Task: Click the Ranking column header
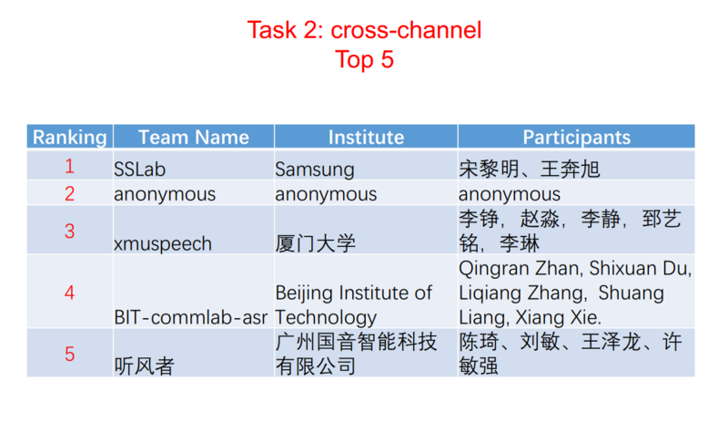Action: pyautogui.click(x=69, y=138)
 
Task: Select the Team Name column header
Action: pyautogui.click(x=193, y=138)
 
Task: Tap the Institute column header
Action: pyautogui.click(x=366, y=138)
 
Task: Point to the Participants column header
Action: pyautogui.click(x=575, y=138)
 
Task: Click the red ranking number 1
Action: pyautogui.click(x=69, y=167)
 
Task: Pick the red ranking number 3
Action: pyautogui.click(x=69, y=231)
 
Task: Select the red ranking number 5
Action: pyautogui.click(x=69, y=354)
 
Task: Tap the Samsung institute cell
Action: pyautogui.click(x=315, y=170)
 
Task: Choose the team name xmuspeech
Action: pyautogui.click(x=162, y=243)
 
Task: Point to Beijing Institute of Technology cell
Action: pyautogui.click(x=353, y=305)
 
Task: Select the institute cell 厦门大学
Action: pyautogui.click(x=315, y=243)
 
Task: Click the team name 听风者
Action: pyautogui.click(x=144, y=366)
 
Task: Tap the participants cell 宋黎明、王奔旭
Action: pyautogui.click(x=529, y=170)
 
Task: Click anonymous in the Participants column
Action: pyautogui.click(x=510, y=194)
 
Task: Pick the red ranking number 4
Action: pyautogui.click(x=69, y=293)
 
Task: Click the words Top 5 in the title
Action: pyautogui.click(x=364, y=60)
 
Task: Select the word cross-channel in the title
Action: pyautogui.click(x=406, y=30)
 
